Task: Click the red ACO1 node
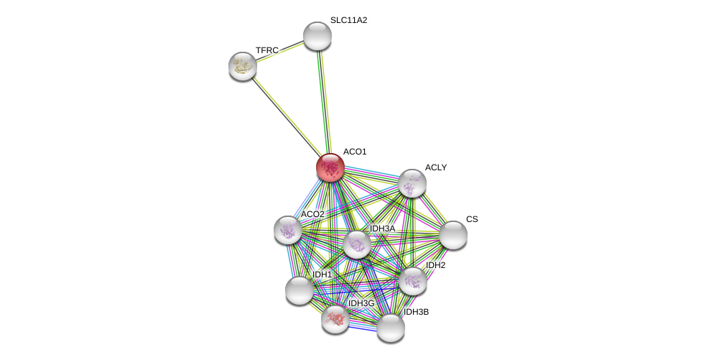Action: [330, 167]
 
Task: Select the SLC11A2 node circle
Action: [317, 36]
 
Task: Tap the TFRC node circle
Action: [243, 66]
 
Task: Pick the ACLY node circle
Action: [412, 183]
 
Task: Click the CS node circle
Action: [452, 235]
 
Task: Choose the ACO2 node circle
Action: [288, 230]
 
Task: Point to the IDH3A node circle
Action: [357, 244]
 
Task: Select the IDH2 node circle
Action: [412, 280]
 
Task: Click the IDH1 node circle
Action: [299, 290]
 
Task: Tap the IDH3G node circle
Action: [335, 318]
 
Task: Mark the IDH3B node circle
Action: [391, 328]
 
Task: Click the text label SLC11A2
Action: [348, 20]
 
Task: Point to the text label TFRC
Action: [266, 50]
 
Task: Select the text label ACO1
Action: [355, 152]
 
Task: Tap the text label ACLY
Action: [435, 167]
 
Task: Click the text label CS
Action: [471, 219]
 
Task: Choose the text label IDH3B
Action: [416, 312]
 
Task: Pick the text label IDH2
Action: [435, 265]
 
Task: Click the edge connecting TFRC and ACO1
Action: [284, 115]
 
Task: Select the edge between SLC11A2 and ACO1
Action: [323, 101]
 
